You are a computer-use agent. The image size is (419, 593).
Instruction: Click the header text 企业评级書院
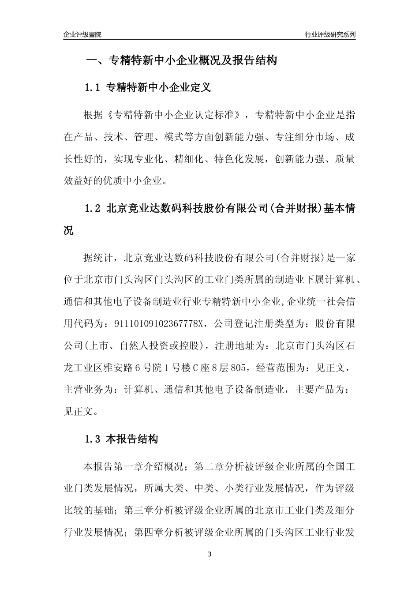(82, 34)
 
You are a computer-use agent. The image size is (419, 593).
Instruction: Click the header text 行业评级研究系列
(330, 34)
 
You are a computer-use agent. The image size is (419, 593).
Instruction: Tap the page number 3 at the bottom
(209, 554)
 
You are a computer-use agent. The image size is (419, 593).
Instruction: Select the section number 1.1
(93, 88)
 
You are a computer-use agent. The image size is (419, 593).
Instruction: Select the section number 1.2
(93, 208)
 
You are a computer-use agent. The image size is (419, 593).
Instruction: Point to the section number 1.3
(93, 439)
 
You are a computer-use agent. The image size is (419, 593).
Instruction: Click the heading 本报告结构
(132, 439)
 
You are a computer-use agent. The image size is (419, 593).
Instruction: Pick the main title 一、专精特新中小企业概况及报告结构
(181, 60)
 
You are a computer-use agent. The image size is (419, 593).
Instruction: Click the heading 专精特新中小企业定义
(159, 88)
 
